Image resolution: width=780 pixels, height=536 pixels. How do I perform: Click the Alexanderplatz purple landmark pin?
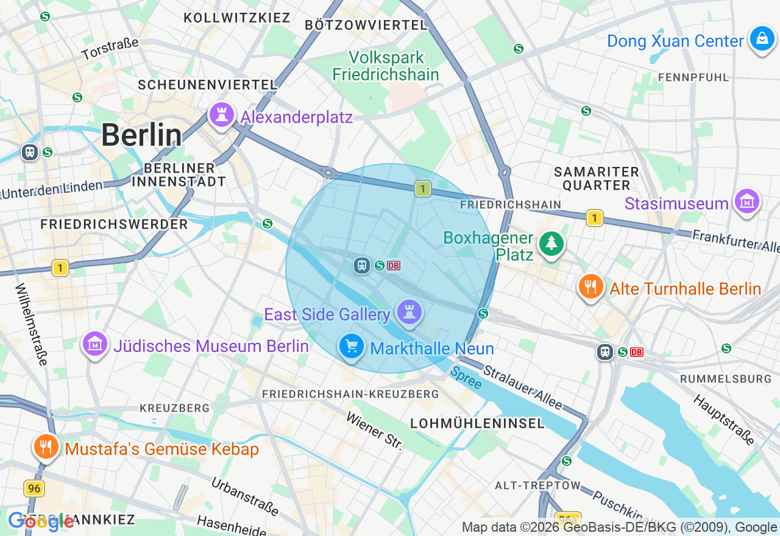221,114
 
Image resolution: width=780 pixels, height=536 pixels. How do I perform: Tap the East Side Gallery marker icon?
409,312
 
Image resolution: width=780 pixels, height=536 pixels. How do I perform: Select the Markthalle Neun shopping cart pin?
351,347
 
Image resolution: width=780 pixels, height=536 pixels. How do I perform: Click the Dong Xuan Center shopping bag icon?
762,38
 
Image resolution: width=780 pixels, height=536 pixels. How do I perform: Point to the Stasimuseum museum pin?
747,200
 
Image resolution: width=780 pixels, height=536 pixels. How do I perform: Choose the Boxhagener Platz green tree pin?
551,243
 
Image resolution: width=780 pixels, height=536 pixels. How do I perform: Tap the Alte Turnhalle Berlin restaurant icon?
590,286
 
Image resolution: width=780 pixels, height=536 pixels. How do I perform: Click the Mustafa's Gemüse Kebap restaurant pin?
46,447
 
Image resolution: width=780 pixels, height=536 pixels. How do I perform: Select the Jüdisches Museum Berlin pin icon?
95,344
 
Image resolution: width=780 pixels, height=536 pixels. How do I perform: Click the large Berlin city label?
141,135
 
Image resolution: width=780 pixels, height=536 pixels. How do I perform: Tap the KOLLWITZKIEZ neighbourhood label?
237,18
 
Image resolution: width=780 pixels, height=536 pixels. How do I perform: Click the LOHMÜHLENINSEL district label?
477,423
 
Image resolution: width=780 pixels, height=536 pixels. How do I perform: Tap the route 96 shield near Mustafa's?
34,488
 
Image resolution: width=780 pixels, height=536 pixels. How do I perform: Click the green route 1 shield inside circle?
422,189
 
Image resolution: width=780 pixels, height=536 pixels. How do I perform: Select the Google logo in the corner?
41,521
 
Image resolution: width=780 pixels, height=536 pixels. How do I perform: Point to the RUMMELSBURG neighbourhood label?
725,379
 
